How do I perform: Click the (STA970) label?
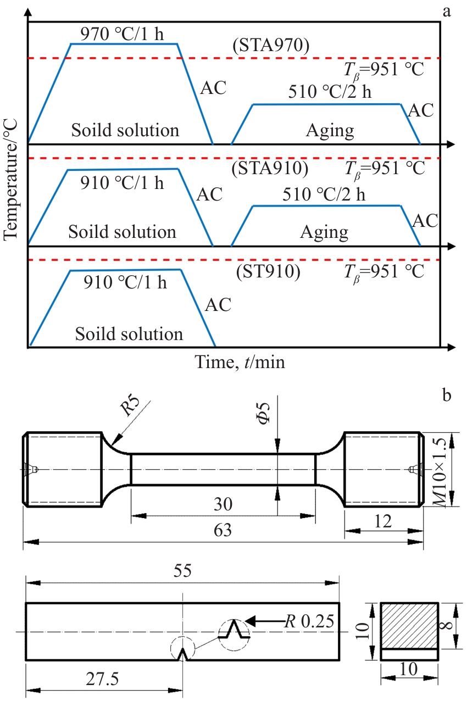click(271, 46)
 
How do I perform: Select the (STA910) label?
click(270, 168)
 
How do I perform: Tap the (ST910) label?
click(268, 271)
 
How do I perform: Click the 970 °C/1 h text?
click(122, 34)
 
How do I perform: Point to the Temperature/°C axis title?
click(10, 180)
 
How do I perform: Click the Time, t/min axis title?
click(240, 363)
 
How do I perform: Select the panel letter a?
click(447, 12)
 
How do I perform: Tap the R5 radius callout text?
click(130, 407)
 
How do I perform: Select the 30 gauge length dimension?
click(223, 504)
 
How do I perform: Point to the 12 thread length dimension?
click(383, 521)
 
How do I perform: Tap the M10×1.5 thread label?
click(440, 473)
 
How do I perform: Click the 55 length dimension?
click(182, 570)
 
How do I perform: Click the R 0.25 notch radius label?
click(309, 621)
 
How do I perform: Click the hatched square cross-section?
click(409, 626)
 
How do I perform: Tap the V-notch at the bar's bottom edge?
click(183, 654)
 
